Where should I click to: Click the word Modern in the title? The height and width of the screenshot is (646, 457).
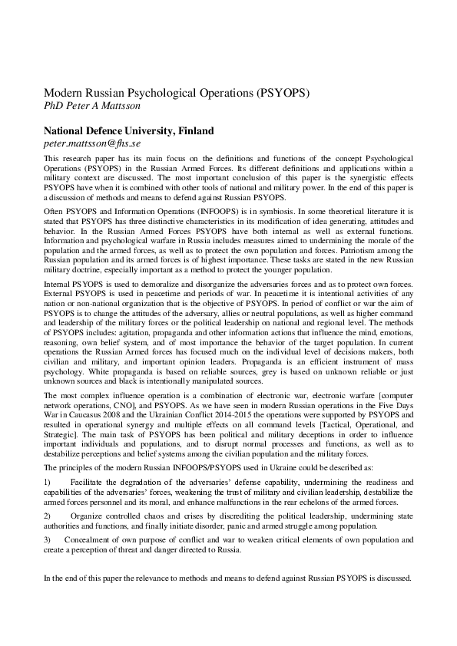click(x=64, y=93)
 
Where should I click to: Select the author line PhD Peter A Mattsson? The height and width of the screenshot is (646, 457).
click(x=92, y=106)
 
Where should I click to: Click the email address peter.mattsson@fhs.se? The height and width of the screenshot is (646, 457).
click(x=91, y=143)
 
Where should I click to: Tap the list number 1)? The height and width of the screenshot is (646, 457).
click(x=48, y=482)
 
